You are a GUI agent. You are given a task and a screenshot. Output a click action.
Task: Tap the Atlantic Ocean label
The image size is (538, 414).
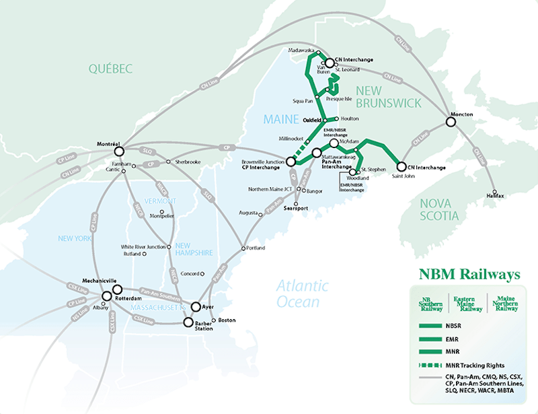coord(302,294)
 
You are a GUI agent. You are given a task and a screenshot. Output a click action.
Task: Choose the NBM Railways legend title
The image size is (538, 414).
coord(469,275)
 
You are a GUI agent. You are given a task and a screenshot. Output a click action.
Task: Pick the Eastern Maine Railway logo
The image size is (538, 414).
coord(469,304)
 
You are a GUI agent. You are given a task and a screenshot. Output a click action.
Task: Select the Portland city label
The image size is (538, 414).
coord(255,248)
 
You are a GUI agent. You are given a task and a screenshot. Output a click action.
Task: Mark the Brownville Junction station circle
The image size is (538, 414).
coord(291,162)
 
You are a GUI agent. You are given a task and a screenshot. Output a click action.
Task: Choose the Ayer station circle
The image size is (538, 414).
coord(196,307)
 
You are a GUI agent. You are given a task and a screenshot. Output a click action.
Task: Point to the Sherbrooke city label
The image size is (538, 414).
coord(188,162)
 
